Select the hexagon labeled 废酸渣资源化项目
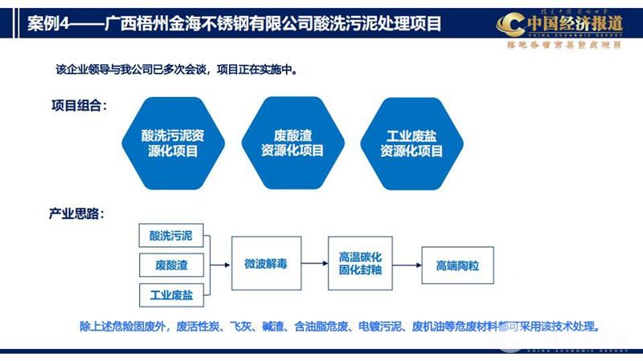coord(293,143)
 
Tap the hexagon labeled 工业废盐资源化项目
coord(412,143)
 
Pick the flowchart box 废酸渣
coord(171,265)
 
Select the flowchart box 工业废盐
coord(171,294)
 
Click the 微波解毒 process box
coord(266,265)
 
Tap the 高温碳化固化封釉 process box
coord(360,265)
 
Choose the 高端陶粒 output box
coord(457,265)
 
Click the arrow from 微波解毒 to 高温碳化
coord(314,265)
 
